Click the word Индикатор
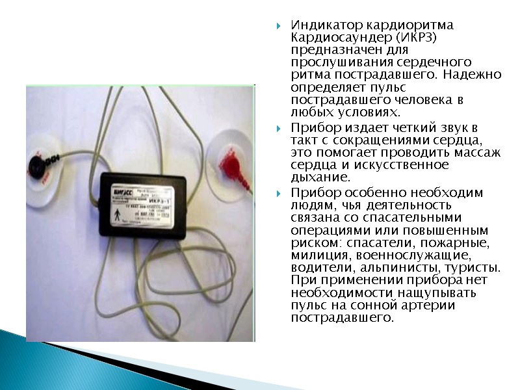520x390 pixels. tap(321, 25)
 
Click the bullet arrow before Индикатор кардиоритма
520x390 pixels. tap(279, 27)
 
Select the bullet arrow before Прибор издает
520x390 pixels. tap(279, 128)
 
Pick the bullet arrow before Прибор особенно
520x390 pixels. tap(279, 194)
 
